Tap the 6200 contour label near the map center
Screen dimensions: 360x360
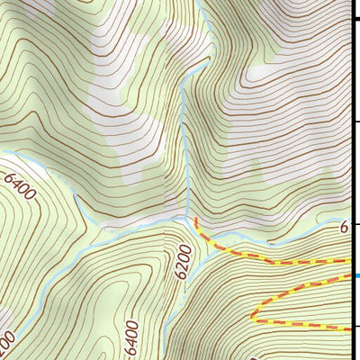(x=184, y=261)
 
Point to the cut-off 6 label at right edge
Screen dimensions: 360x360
(x=344, y=229)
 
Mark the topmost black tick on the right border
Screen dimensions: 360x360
(x=355, y=18)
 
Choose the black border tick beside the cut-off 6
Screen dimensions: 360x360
(x=355, y=224)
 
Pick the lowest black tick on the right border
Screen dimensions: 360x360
(x=355, y=327)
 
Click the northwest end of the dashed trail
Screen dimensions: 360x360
(x=195, y=220)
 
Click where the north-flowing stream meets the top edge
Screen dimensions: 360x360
(x=206, y=2)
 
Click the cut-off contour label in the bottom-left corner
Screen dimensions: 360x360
(x=7, y=343)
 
